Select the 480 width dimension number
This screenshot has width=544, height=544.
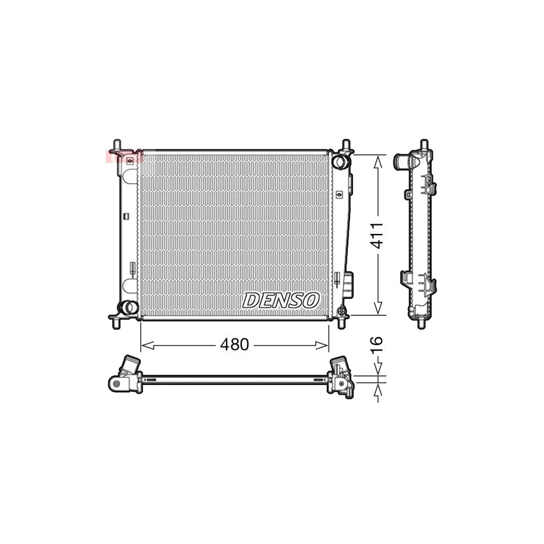(x=234, y=345)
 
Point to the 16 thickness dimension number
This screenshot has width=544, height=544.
(x=377, y=342)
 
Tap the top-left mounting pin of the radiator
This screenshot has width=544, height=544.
(x=115, y=145)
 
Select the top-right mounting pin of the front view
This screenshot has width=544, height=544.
(x=346, y=145)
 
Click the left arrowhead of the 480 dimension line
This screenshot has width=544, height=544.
(x=145, y=346)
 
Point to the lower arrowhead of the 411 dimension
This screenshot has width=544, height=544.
(x=378, y=310)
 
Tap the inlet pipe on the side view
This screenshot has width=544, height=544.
(x=401, y=161)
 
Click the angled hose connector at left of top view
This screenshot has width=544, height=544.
(x=129, y=365)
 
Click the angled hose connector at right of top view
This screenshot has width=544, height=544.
(x=337, y=365)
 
